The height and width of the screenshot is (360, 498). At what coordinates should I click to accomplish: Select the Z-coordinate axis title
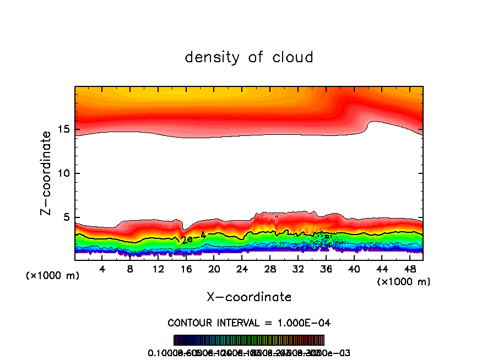(x=48, y=173)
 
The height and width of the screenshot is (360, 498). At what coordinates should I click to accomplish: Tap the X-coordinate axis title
(x=249, y=297)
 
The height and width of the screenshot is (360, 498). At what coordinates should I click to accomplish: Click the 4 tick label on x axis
(x=102, y=269)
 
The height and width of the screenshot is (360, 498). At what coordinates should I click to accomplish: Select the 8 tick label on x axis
(x=131, y=269)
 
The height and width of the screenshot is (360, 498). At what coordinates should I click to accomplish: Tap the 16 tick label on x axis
(x=186, y=269)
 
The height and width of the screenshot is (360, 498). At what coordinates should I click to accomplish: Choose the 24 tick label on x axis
(x=242, y=269)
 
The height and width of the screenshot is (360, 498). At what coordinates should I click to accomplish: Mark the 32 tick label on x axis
(x=298, y=269)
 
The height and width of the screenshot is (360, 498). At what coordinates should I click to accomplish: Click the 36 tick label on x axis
(x=326, y=269)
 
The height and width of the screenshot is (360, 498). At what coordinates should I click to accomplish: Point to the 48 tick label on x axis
(x=409, y=269)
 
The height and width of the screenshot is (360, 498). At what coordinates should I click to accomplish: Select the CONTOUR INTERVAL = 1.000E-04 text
(x=249, y=323)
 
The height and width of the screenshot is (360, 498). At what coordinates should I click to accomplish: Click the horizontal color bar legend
(x=249, y=340)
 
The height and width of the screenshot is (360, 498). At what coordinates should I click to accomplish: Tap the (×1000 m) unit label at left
(x=52, y=276)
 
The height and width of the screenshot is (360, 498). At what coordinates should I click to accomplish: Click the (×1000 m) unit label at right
(x=404, y=282)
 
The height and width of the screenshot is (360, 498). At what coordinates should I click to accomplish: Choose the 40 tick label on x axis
(x=354, y=269)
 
